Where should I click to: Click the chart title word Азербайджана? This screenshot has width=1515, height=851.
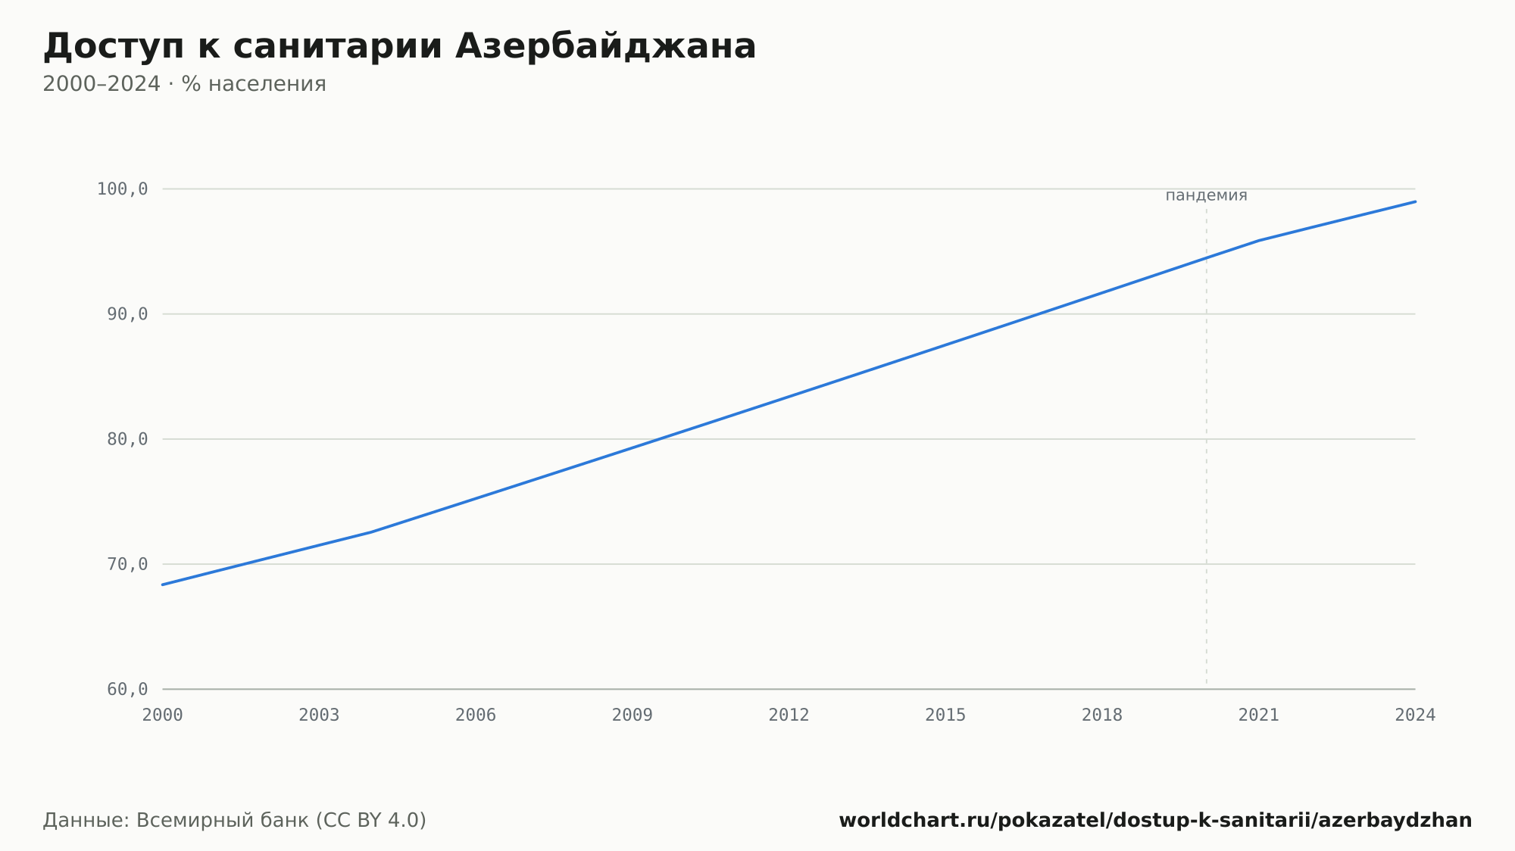605,47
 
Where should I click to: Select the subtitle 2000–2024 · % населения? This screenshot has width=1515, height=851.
184,84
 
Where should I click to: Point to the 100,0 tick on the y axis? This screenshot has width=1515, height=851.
122,189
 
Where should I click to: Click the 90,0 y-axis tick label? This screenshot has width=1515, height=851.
127,314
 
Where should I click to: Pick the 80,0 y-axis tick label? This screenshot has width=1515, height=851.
127,439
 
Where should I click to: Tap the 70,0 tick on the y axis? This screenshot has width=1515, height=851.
127,564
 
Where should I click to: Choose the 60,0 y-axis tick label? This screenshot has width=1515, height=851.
127,689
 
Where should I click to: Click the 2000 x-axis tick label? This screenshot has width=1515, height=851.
163,715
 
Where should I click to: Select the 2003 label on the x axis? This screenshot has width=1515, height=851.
319,715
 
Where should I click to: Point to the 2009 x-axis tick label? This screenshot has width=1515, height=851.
633,715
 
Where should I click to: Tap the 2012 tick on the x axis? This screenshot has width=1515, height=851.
789,715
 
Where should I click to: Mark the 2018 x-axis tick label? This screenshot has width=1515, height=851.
1102,715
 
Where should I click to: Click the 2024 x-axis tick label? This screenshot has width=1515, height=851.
1415,715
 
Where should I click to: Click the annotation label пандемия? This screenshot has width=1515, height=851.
1206,195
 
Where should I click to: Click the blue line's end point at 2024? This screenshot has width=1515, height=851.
1415,201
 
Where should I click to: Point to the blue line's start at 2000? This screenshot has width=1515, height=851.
163,584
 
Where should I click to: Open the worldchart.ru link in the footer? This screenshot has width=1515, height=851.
1155,821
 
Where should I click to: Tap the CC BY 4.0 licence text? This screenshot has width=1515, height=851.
371,821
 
